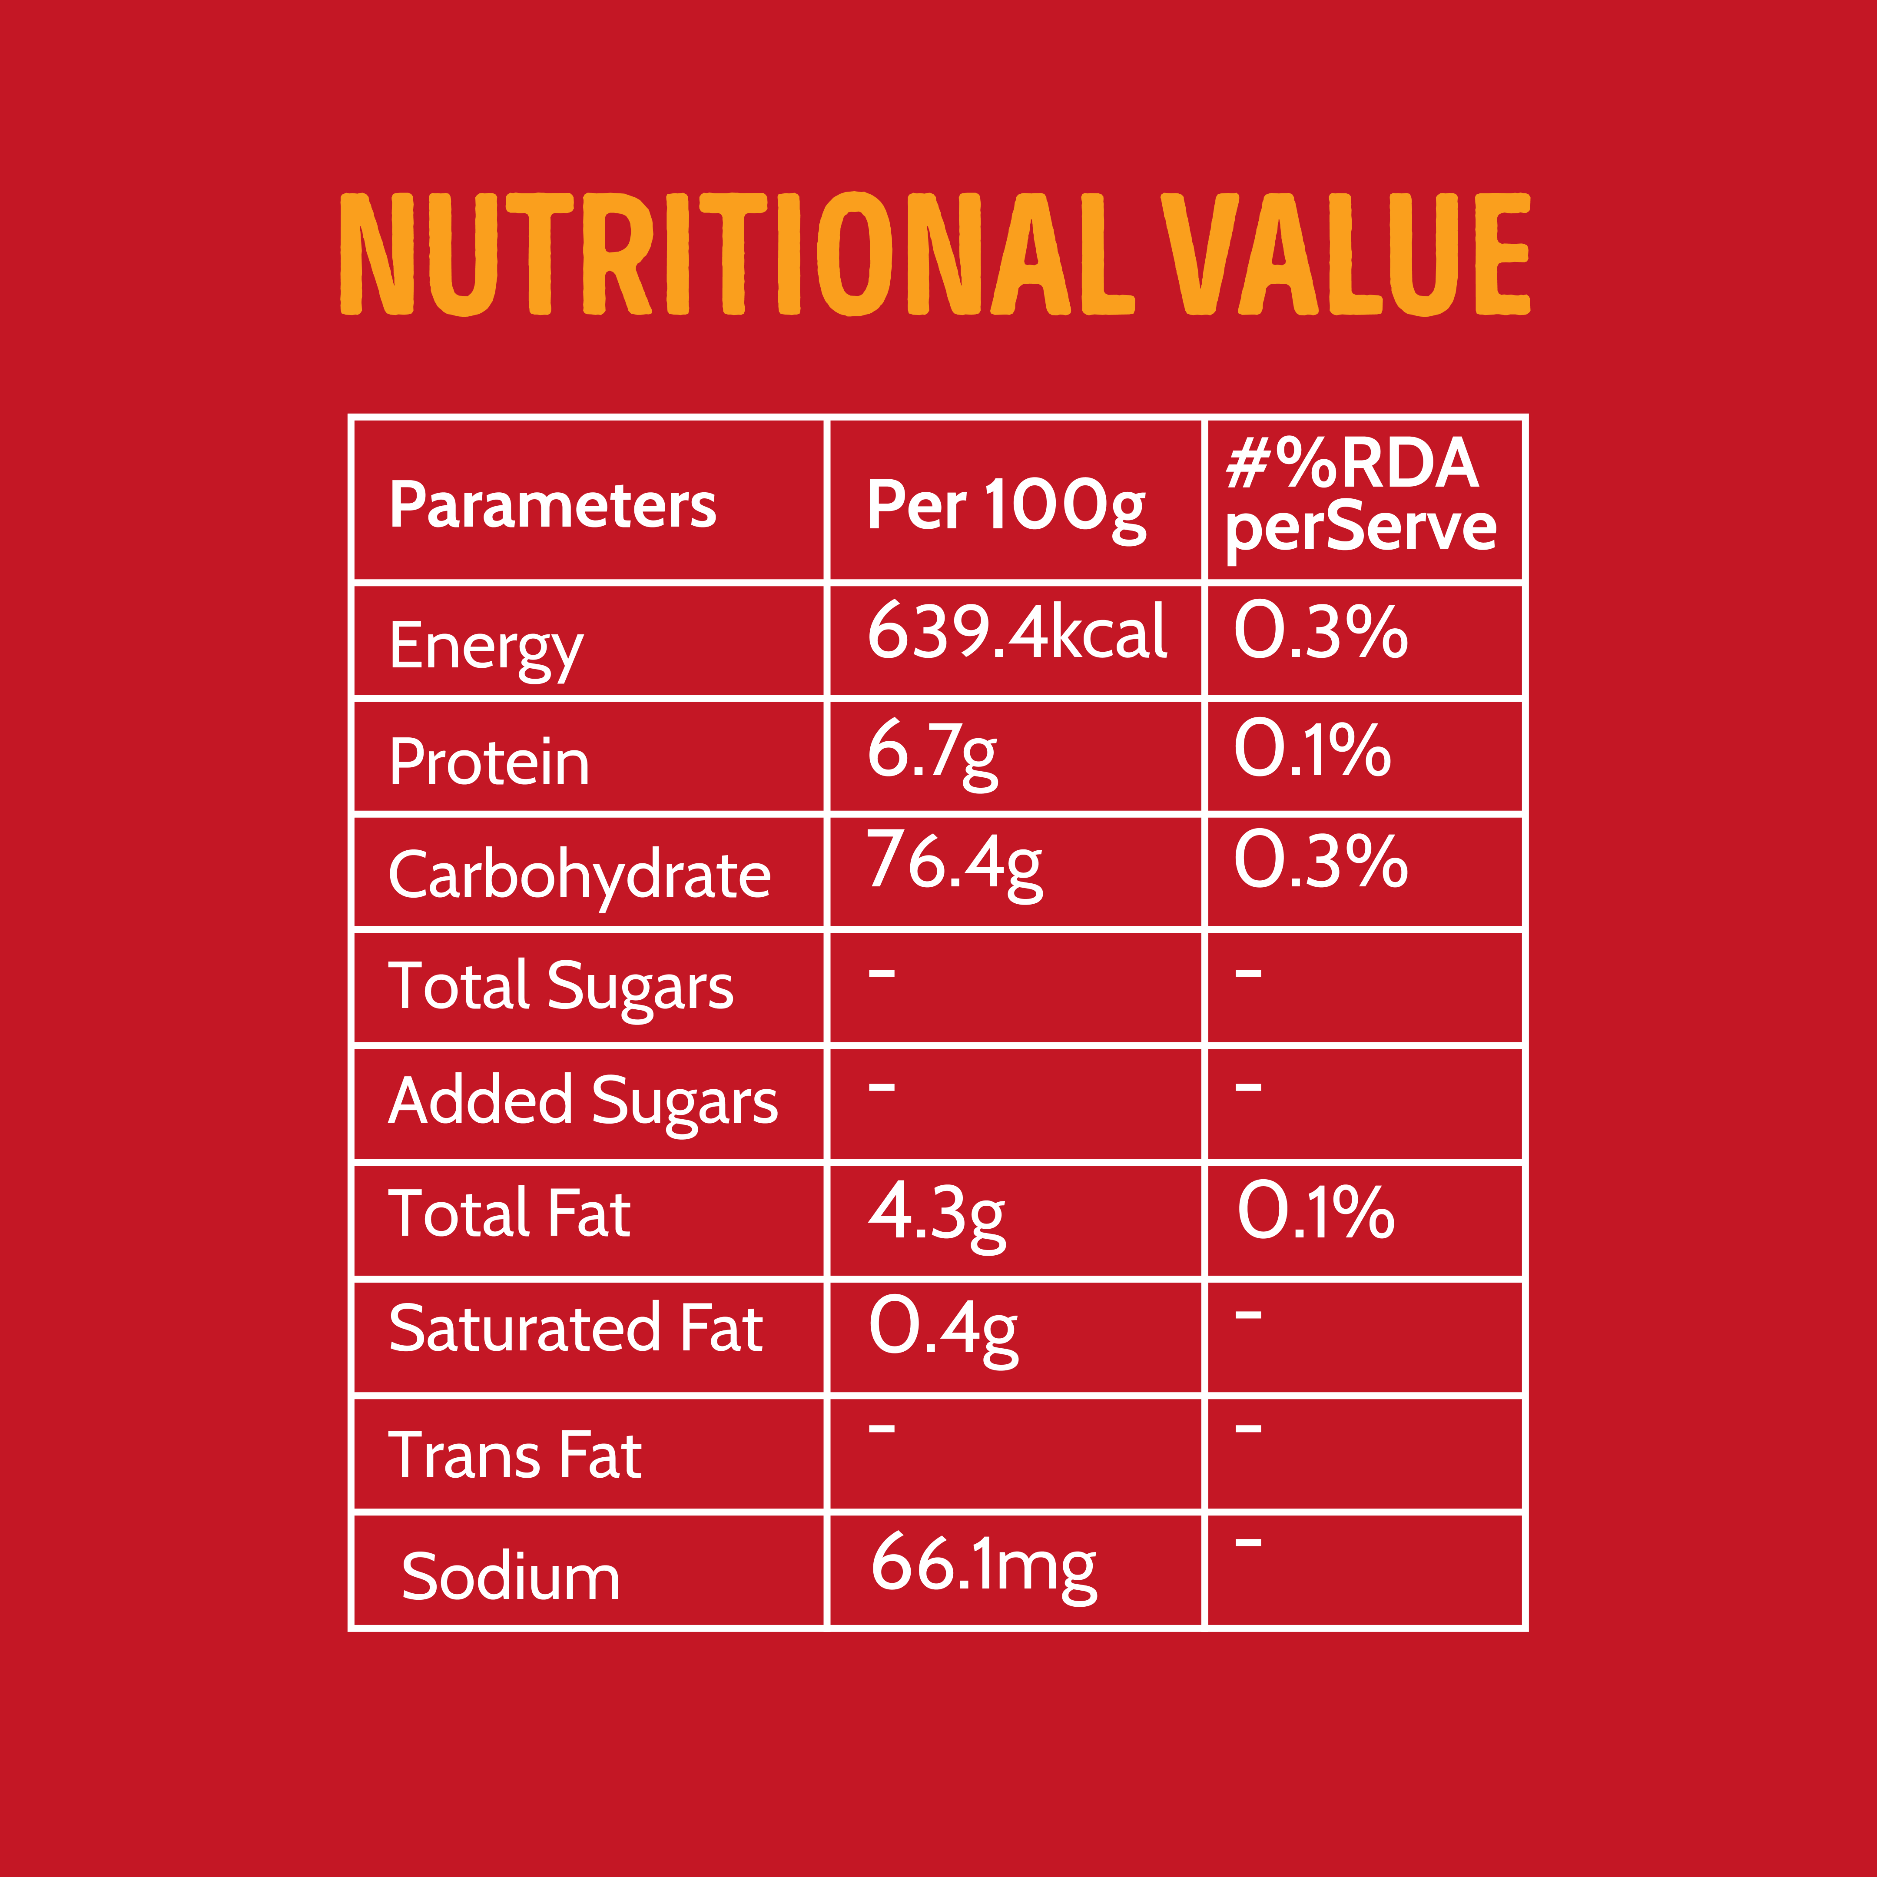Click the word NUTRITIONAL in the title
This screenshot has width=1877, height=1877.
736,255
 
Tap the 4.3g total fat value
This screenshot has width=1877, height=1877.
935,1214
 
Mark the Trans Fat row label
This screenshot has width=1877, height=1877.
515,1456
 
